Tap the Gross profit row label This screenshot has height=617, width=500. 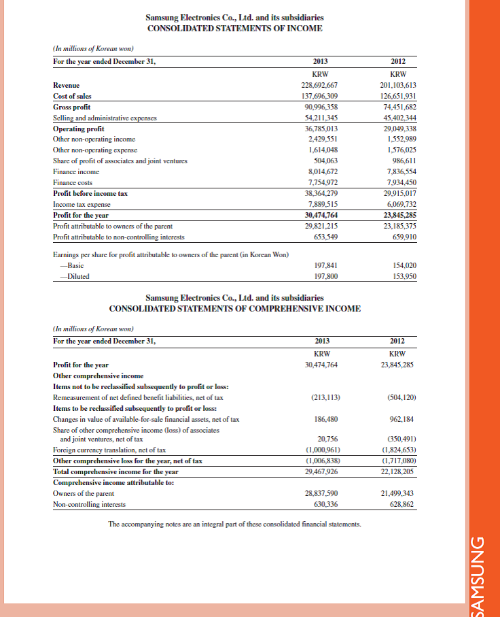pyautogui.click(x=72, y=107)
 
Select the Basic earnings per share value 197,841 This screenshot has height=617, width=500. pyautogui.click(x=325, y=266)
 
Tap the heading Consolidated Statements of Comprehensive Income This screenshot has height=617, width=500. pyautogui.click(x=234, y=308)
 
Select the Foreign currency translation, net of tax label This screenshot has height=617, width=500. pyautogui.click(x=109, y=450)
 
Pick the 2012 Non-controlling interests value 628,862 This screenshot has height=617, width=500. pyautogui.click(x=399, y=504)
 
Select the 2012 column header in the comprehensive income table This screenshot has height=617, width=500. pyautogui.click(x=398, y=341)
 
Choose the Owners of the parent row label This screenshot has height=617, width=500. pyautogui.click(x=84, y=493)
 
